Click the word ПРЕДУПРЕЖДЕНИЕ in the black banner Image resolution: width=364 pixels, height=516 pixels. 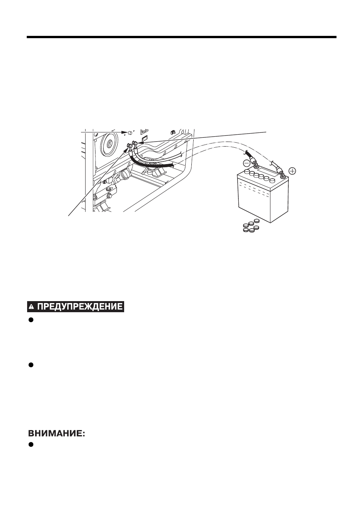tap(80, 306)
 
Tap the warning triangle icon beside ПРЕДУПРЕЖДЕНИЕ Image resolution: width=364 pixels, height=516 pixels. tap(32, 307)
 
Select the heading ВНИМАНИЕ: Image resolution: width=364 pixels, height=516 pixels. tap(57, 434)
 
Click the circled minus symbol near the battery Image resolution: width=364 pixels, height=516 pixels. tap(246, 163)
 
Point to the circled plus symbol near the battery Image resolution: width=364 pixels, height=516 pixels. tap(292, 171)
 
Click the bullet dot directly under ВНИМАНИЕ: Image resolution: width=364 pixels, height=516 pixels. tap(31, 444)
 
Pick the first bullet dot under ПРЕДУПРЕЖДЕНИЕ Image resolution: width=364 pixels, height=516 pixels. tap(31, 320)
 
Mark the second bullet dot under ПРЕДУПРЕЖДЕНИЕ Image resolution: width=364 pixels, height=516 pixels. tap(31, 364)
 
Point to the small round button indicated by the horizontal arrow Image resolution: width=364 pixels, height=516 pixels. tap(129, 132)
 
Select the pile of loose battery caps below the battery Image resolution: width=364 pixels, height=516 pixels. tap(251, 226)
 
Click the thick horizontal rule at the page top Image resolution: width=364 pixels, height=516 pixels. tap(181, 37)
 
